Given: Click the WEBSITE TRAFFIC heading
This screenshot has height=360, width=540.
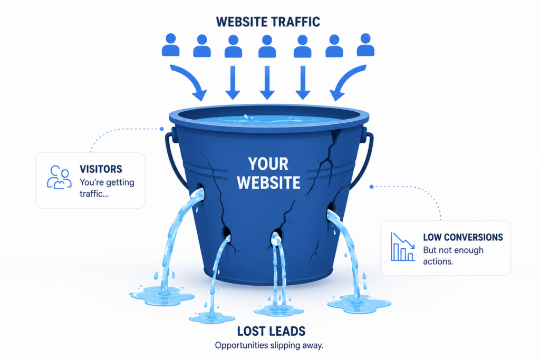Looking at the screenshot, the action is tap(268, 22).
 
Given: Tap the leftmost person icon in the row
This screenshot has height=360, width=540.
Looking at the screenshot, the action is tap(170, 45).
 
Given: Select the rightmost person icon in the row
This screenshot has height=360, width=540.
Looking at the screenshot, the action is tap(365, 45).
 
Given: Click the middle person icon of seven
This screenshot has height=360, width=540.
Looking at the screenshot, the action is tap(267, 46).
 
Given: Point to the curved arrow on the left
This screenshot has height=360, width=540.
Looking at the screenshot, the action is tap(190, 80).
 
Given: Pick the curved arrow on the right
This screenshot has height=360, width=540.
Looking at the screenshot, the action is tap(345, 80).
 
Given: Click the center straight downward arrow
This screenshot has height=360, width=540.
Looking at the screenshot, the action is tap(267, 83).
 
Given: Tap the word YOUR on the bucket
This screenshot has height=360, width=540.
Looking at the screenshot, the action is tap(268, 164).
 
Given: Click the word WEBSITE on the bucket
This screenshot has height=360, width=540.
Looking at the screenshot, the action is tap(268, 182).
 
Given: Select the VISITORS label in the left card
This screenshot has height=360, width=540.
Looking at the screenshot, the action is tap(101, 169).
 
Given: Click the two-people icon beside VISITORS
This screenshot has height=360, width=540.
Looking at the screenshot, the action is tap(59, 177).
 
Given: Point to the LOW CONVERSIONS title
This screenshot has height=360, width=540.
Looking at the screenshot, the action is tap(463, 237).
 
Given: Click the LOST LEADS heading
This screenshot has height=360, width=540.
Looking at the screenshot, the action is tap(272, 331).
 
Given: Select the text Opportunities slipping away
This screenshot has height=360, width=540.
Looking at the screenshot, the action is tap(269, 345).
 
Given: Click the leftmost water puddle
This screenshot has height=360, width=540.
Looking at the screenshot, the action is tap(162, 296).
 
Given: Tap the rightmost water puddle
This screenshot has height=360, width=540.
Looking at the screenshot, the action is tap(359, 305).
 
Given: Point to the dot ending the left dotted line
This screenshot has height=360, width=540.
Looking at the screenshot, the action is tap(161, 129).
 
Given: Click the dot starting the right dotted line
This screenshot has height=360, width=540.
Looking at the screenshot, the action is tap(372, 187).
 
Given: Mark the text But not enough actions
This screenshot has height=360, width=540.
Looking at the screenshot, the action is tap(453, 256).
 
